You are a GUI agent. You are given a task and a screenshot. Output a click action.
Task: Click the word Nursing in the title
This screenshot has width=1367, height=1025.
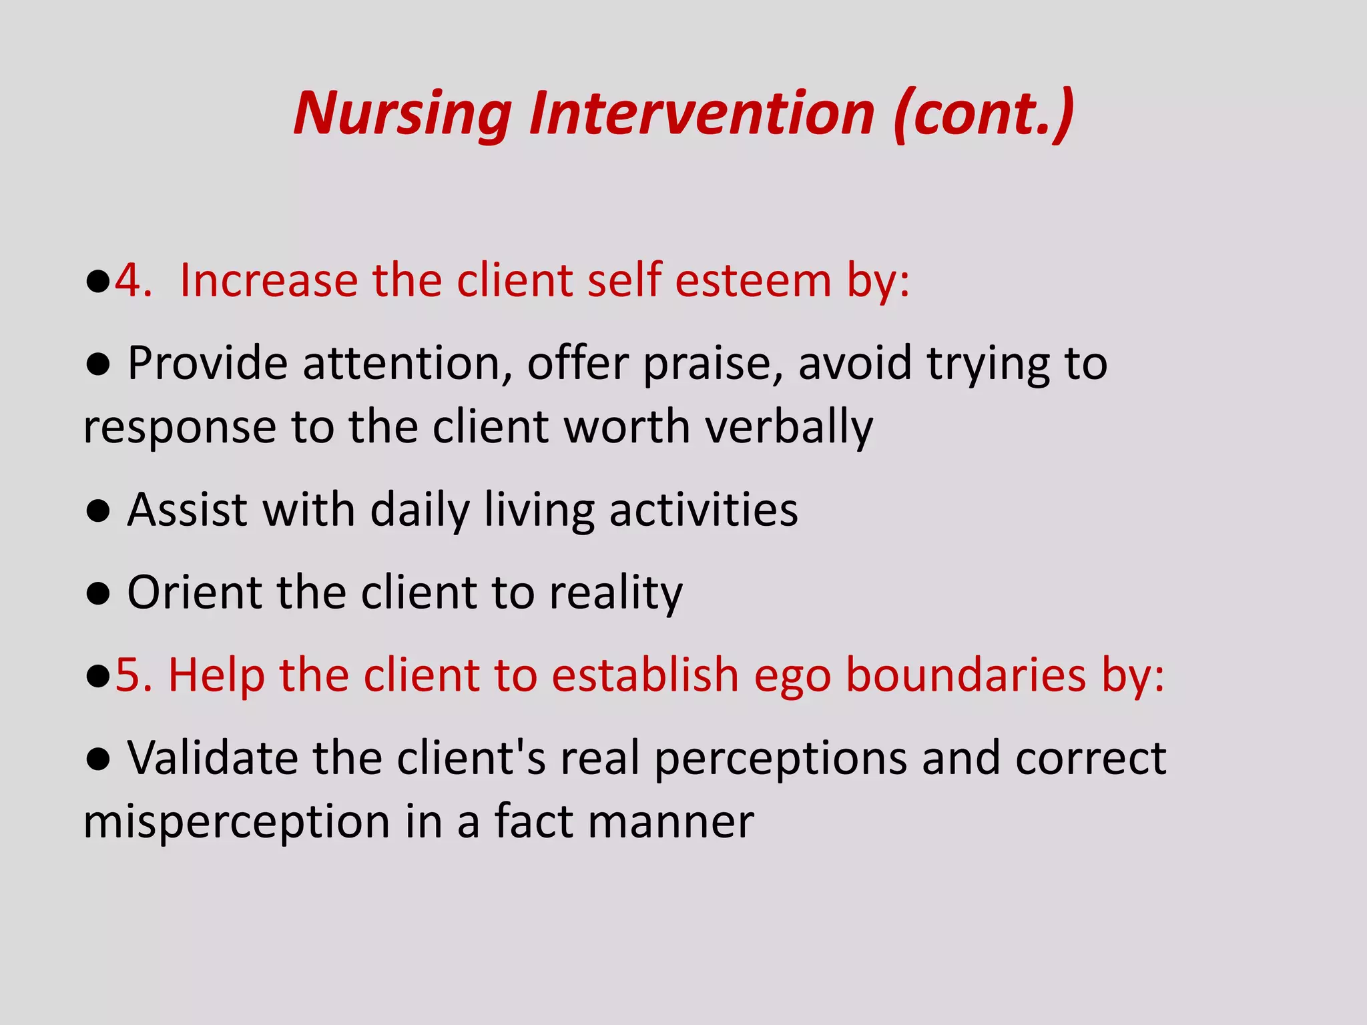coord(402,115)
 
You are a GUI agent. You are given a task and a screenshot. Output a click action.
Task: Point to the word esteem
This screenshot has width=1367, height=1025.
coord(752,280)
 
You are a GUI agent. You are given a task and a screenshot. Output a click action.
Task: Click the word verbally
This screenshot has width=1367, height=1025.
coord(789,428)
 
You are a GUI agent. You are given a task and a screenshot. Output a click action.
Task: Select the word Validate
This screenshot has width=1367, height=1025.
coord(212,758)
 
